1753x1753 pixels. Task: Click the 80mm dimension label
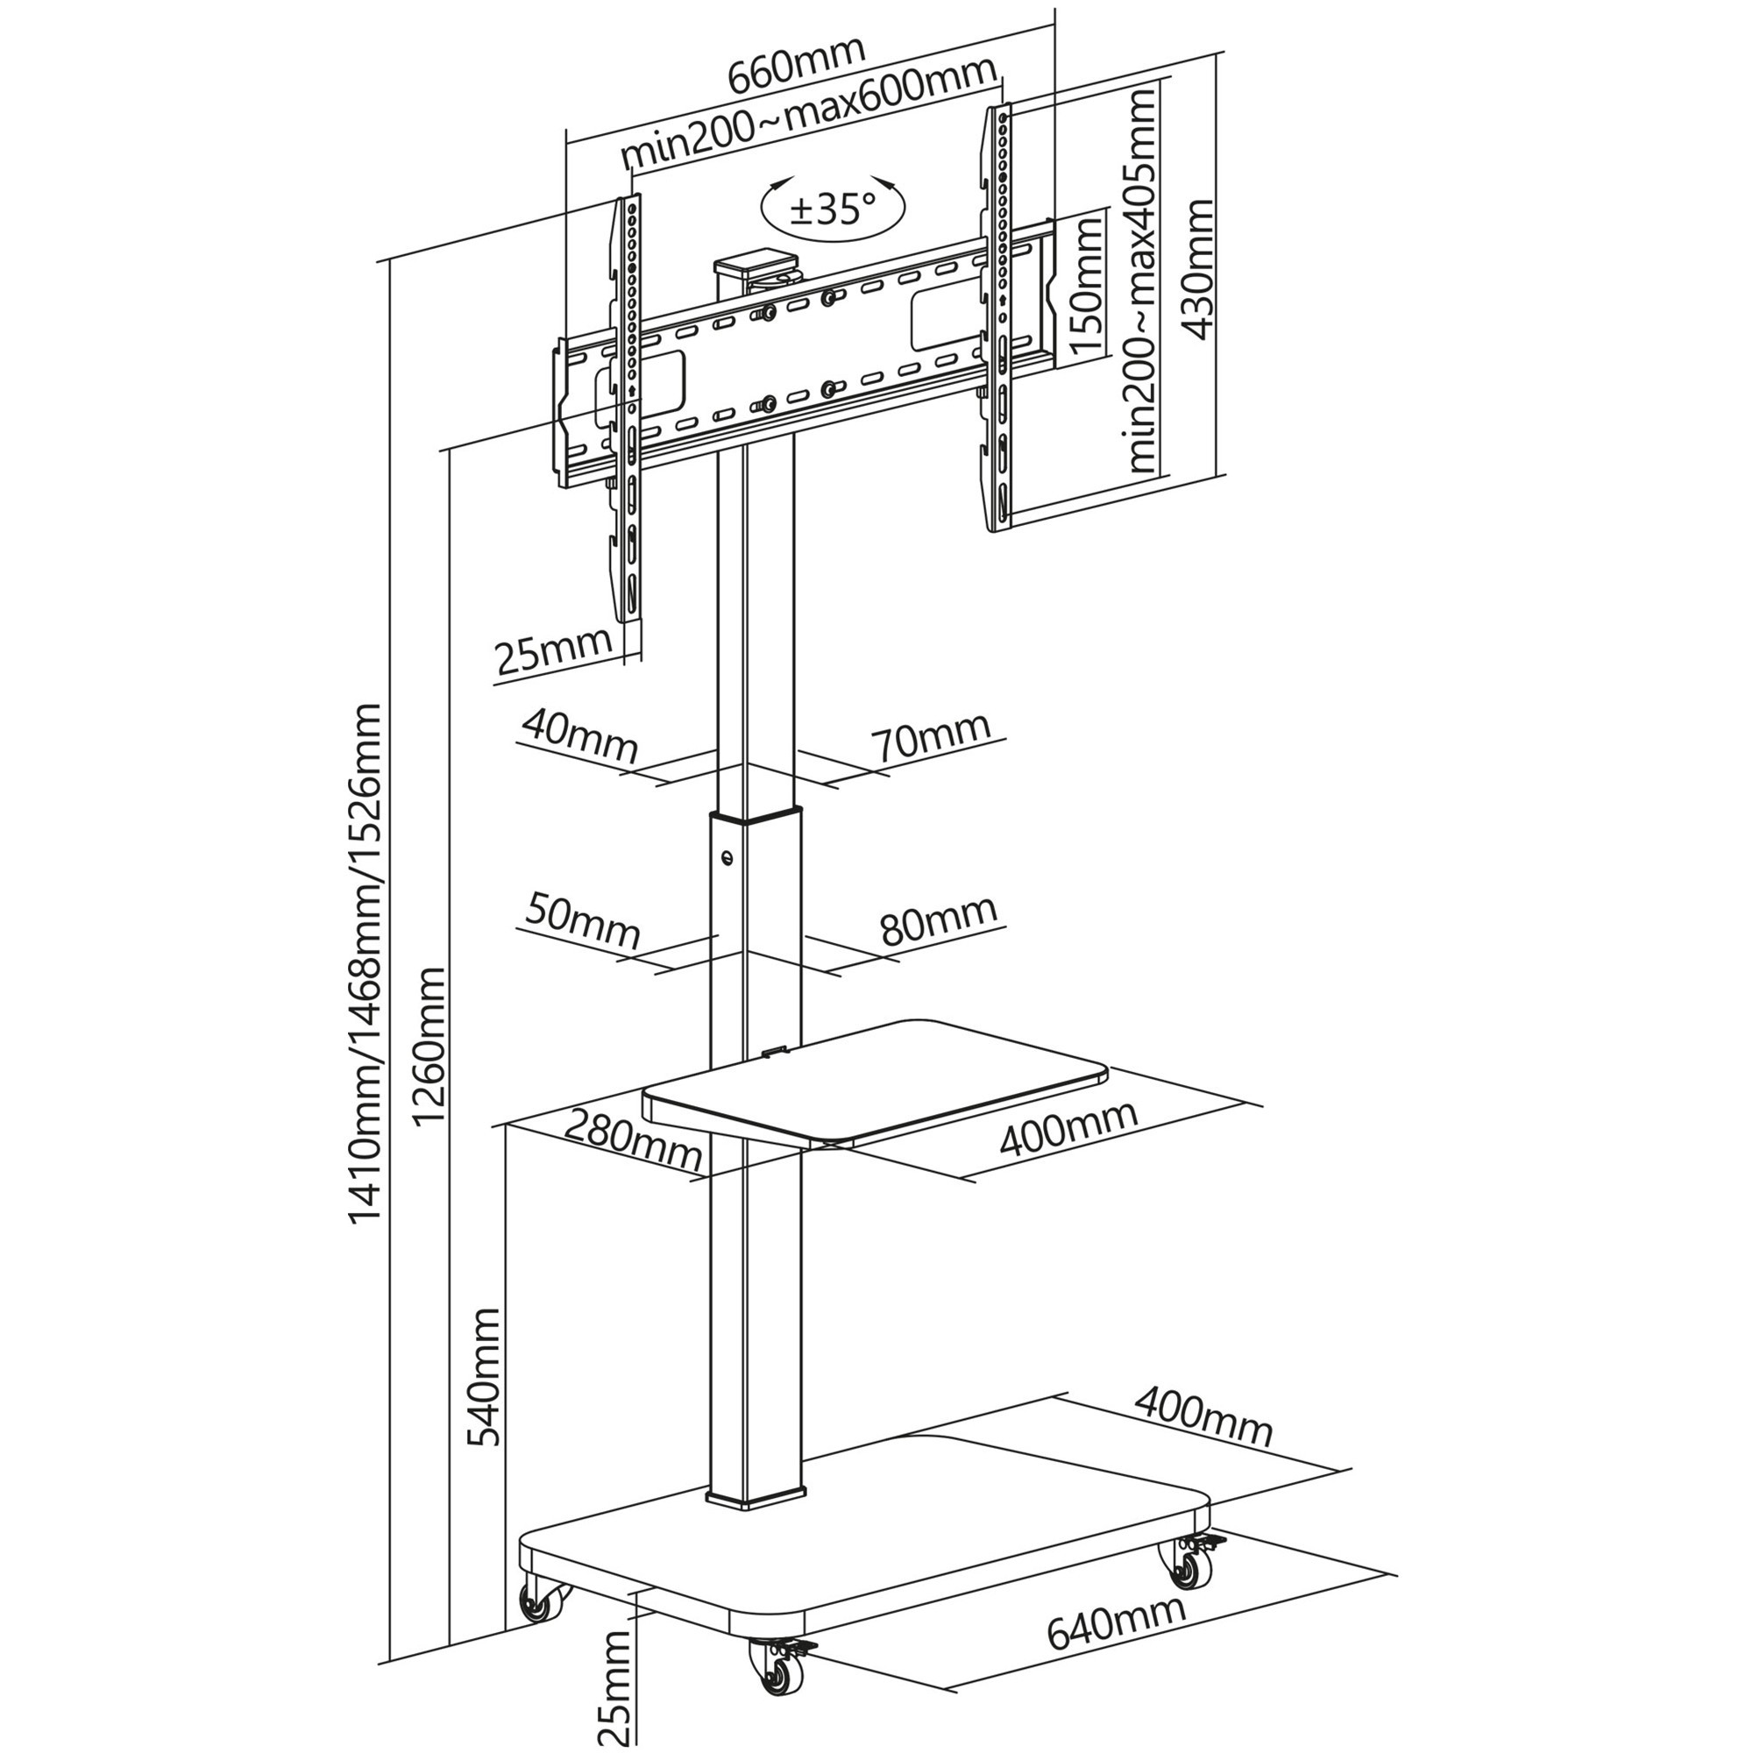click(x=939, y=922)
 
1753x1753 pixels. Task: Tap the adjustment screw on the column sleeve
click(x=727, y=856)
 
